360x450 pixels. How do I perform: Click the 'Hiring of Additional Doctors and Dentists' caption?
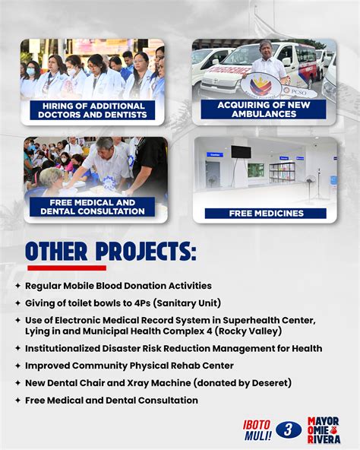tap(92, 110)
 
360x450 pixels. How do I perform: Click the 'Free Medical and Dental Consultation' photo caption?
tap(92, 208)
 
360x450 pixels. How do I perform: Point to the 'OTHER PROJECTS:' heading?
tap(110, 252)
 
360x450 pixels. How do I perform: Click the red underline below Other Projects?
tap(66, 268)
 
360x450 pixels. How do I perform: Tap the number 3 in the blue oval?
tap(289, 430)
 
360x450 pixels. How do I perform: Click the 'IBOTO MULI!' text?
tap(257, 430)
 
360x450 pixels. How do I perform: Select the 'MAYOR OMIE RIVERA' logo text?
tap(324, 430)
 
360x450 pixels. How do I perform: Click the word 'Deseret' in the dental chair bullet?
tap(268, 383)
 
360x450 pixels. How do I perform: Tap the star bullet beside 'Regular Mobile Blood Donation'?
tap(17, 286)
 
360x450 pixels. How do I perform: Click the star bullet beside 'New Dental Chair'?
tap(17, 383)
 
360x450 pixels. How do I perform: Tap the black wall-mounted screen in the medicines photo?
tap(241, 152)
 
